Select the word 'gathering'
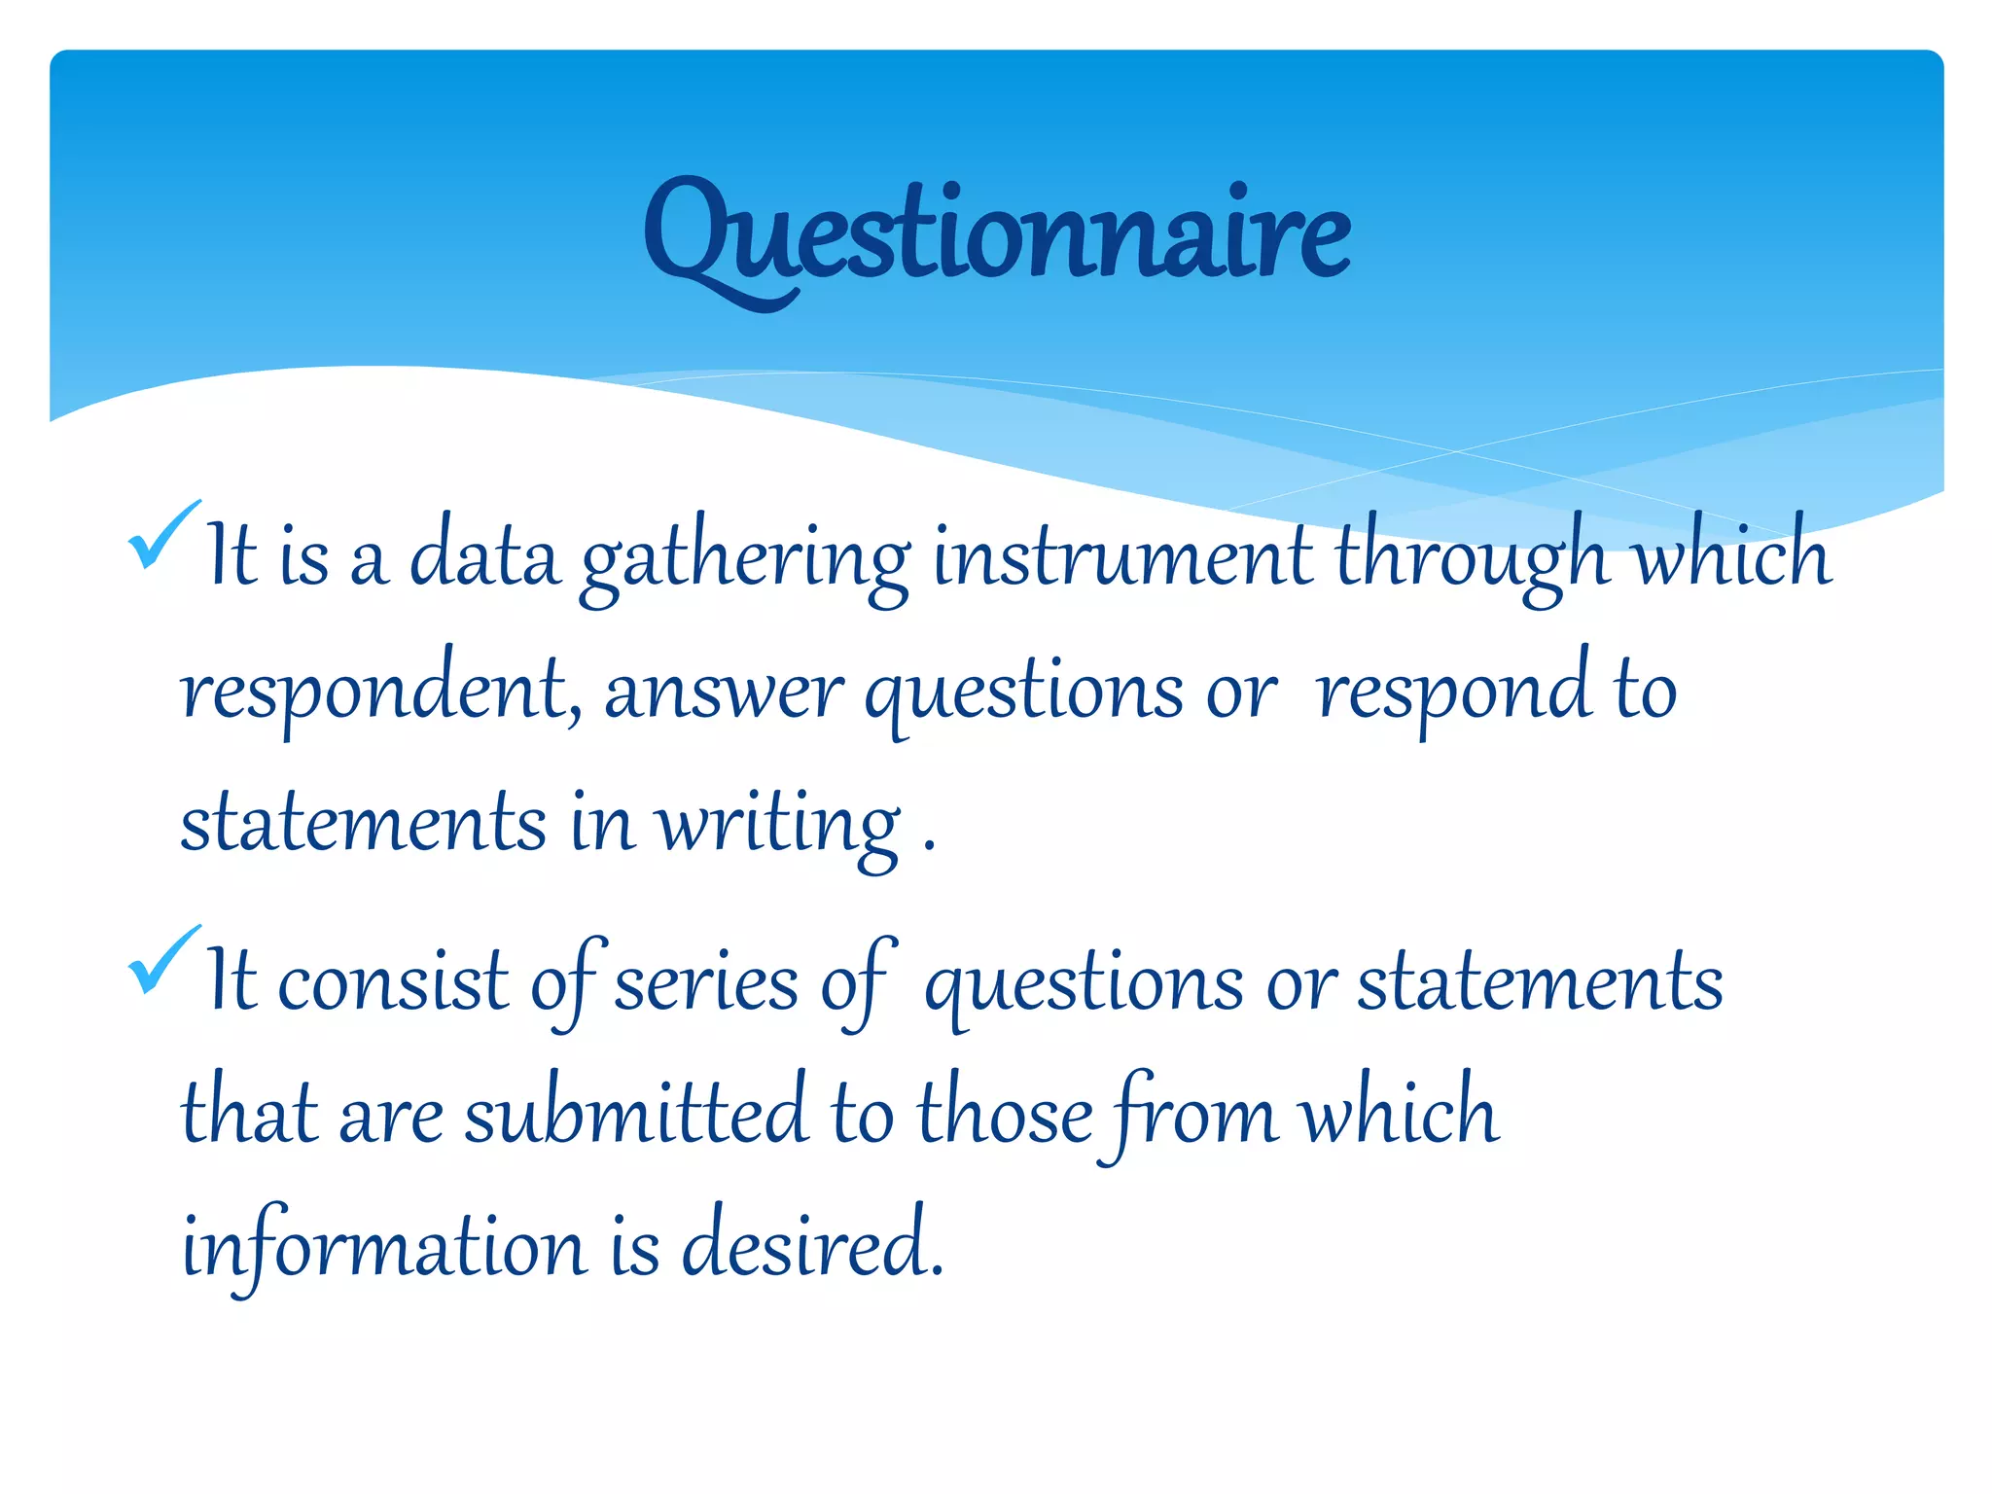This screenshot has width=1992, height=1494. coord(745,560)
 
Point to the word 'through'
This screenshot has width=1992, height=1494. coord(1471,560)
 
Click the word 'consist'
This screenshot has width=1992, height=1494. coord(393,982)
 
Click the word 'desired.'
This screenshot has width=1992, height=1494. coord(812,1246)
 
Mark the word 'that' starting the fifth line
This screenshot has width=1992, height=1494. coord(249,1115)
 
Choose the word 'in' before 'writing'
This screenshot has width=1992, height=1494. coord(603,825)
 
